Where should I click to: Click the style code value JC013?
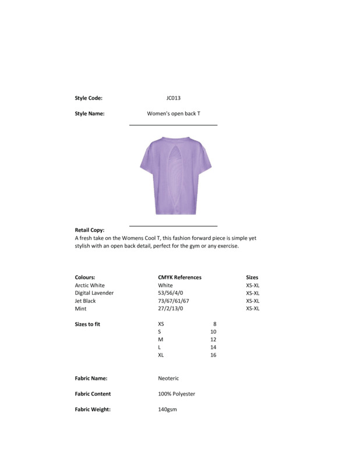click(x=174, y=98)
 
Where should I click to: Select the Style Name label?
click(x=90, y=114)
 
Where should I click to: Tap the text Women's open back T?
click(x=174, y=114)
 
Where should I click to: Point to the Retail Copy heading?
click(x=90, y=230)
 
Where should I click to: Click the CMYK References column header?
click(x=179, y=278)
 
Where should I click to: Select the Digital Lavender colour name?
click(x=94, y=293)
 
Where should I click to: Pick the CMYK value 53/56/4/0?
click(x=170, y=293)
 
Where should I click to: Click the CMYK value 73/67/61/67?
click(x=174, y=301)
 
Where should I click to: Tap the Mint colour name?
click(x=81, y=309)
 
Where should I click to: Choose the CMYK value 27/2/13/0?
click(x=170, y=309)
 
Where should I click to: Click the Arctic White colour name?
click(x=90, y=285)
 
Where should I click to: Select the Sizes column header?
click(x=252, y=278)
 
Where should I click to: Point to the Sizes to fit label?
click(x=87, y=324)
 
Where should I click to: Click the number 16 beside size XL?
click(x=213, y=355)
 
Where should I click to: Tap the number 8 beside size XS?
click(x=215, y=324)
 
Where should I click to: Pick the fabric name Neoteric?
click(x=168, y=379)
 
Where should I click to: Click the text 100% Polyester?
click(x=177, y=394)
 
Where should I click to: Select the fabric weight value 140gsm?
click(x=167, y=409)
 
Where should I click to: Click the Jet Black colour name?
click(x=86, y=301)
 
